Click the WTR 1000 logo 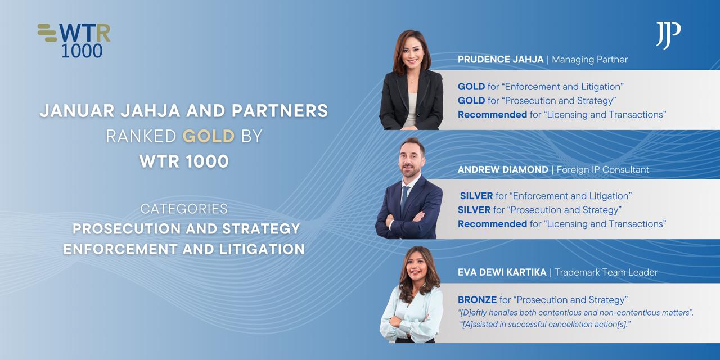(x=74, y=40)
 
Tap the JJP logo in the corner (x=668, y=35)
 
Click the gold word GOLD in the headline (x=209, y=136)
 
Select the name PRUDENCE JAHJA (x=501, y=60)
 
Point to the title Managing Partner (x=589, y=60)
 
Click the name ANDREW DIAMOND (x=503, y=170)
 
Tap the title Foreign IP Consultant (x=602, y=170)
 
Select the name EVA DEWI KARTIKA (x=502, y=273)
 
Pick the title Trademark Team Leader (x=606, y=273)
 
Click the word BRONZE (x=478, y=300)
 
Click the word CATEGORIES (x=184, y=209)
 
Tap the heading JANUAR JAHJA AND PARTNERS (x=184, y=111)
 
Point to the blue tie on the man (x=404, y=199)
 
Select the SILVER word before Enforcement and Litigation (x=476, y=196)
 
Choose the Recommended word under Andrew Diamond (x=492, y=224)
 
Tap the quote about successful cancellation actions (x=545, y=325)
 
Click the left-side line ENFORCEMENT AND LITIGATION (x=184, y=249)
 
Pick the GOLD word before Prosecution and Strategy (x=471, y=101)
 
